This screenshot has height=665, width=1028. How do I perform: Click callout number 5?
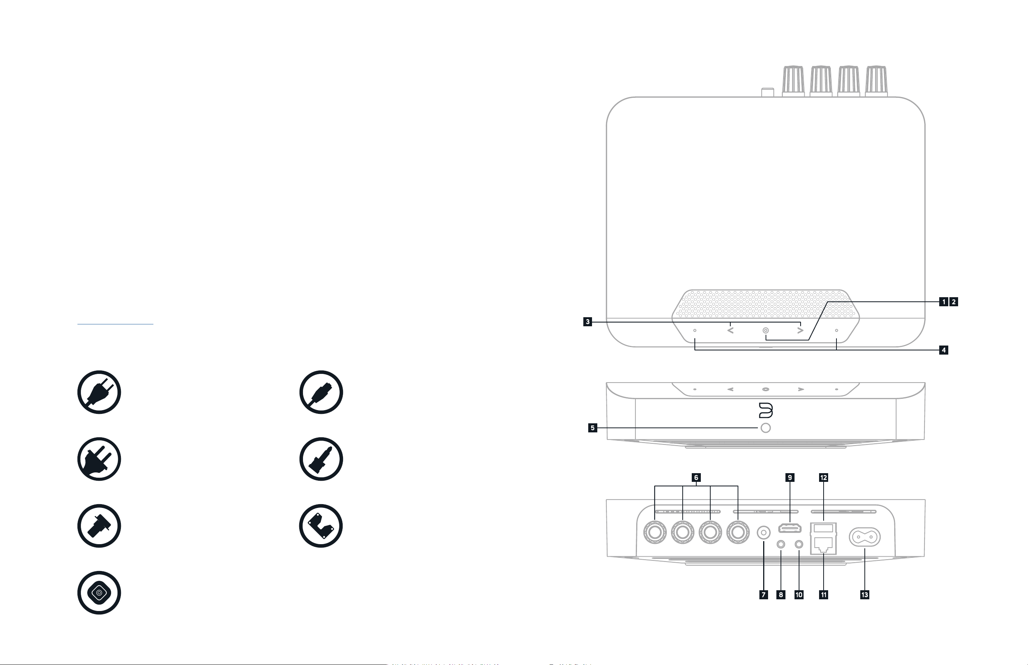coord(593,428)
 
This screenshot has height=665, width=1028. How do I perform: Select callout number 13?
coord(864,595)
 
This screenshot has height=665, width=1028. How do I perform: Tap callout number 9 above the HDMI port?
coord(790,477)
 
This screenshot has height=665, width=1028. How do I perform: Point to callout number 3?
coord(587,322)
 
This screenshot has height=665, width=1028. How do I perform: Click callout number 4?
coord(944,350)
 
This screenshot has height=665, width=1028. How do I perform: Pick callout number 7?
coord(764,595)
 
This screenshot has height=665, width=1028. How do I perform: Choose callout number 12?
coord(823,477)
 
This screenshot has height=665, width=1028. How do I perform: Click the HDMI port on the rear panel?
coord(790,528)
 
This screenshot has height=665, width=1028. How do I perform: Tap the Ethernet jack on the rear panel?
coord(823,545)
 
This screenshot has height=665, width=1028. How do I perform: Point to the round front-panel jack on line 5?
coord(765,428)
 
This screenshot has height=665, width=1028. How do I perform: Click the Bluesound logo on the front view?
coord(766,410)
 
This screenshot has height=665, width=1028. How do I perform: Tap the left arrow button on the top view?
coord(730,330)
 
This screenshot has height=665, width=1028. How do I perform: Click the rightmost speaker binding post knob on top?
coord(876,81)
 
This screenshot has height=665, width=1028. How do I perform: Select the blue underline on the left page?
coord(115,323)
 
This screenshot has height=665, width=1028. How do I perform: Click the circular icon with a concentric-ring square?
coord(99,593)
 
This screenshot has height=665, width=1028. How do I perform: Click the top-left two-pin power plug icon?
coord(99,392)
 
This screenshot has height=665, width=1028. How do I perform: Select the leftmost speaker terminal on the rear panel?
coord(655,532)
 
